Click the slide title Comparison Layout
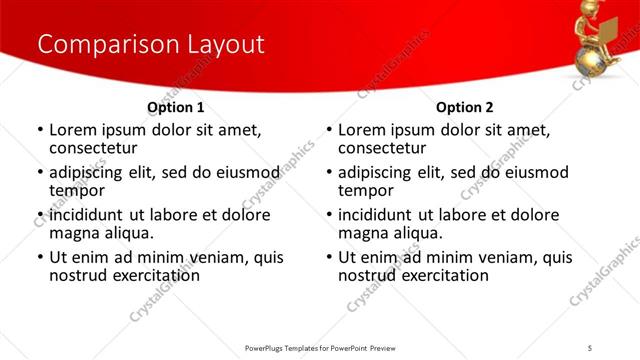pyautogui.click(x=151, y=45)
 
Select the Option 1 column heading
pyautogui.click(x=176, y=107)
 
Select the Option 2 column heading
pyautogui.click(x=464, y=107)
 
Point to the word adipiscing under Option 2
pyautogui.click(x=376, y=172)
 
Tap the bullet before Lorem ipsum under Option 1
pyautogui.click(x=40, y=130)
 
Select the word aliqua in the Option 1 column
pyautogui.click(x=129, y=233)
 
